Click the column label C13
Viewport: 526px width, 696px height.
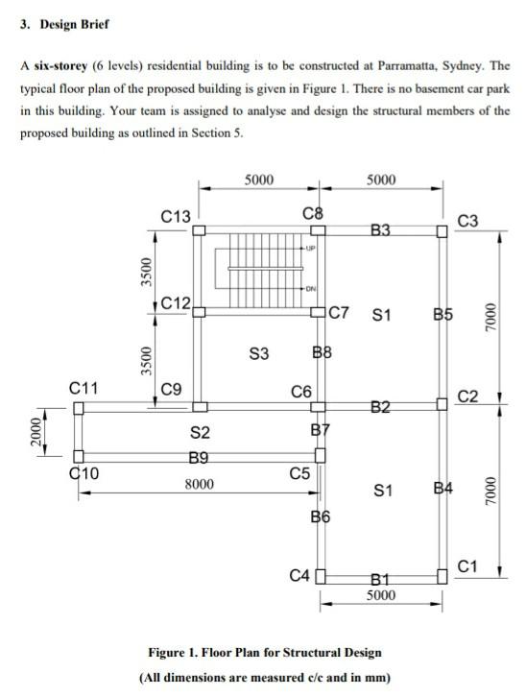pyautogui.click(x=176, y=216)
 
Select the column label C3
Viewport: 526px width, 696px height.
pyautogui.click(x=467, y=222)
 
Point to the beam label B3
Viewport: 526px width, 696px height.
pyautogui.click(x=380, y=230)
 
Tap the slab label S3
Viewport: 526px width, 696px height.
pyautogui.click(x=258, y=352)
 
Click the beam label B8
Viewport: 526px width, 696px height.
pyautogui.click(x=322, y=353)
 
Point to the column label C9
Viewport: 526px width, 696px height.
pyautogui.click(x=172, y=389)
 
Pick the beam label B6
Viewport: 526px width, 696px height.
pyautogui.click(x=321, y=518)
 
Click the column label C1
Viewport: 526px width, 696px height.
pyautogui.click(x=467, y=565)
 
